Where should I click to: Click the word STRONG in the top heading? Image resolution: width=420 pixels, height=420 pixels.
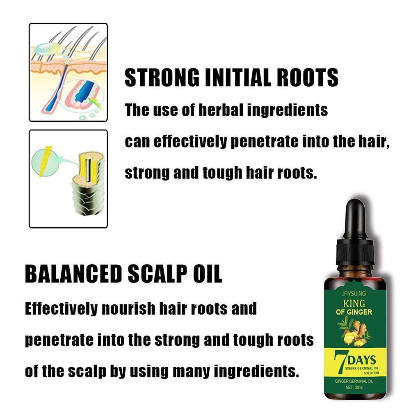click(162, 78)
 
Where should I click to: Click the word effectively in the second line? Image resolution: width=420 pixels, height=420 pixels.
click(190, 141)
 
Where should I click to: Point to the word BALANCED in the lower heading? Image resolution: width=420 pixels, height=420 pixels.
click(73, 274)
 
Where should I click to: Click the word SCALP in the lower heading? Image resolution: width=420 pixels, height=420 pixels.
click(157, 274)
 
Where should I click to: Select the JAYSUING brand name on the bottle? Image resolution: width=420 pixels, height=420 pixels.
click(354, 294)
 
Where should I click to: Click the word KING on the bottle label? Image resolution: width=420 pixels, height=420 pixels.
click(354, 304)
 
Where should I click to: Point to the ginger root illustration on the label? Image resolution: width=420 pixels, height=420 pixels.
click(354, 332)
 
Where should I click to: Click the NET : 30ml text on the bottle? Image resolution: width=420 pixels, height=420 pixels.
click(354, 387)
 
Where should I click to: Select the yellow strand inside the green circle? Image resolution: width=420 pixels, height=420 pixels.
click(45, 161)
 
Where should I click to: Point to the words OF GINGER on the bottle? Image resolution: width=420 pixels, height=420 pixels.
click(354, 312)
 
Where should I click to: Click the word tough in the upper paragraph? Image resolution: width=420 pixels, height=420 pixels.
click(222, 173)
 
